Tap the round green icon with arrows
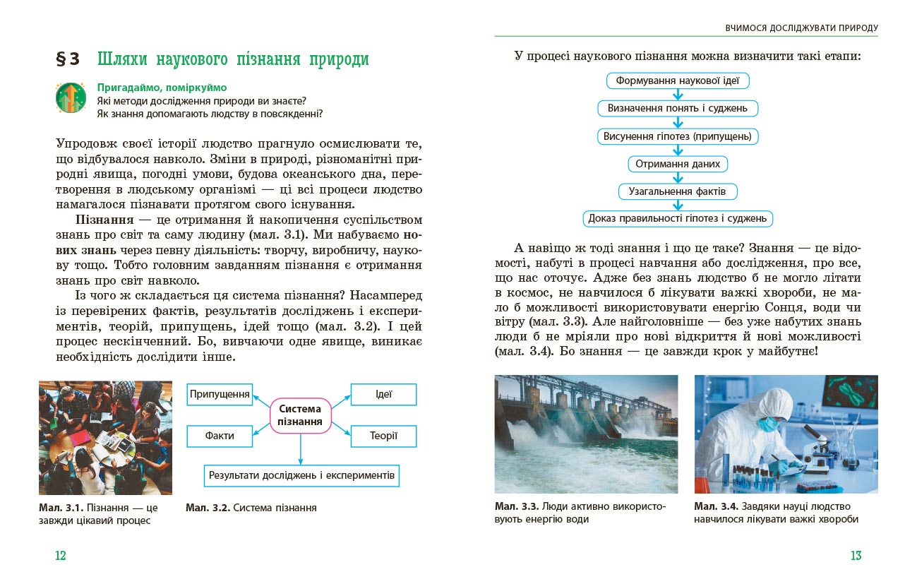tap(71, 98)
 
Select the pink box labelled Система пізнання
tap(300, 415)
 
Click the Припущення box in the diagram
tap(220, 394)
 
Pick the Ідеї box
tap(383, 394)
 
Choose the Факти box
tap(220, 436)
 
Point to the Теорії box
tap(383, 436)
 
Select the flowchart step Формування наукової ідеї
tap(678, 81)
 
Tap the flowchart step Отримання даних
tap(678, 164)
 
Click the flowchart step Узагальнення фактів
tap(678, 191)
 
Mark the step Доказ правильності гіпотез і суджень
tap(678, 218)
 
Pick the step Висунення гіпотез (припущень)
tap(678, 136)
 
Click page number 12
tap(61, 556)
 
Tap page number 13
tap(856, 556)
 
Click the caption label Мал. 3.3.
tap(517, 506)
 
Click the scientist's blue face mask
tap(767, 424)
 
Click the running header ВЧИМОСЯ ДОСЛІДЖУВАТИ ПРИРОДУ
tap(801, 28)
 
